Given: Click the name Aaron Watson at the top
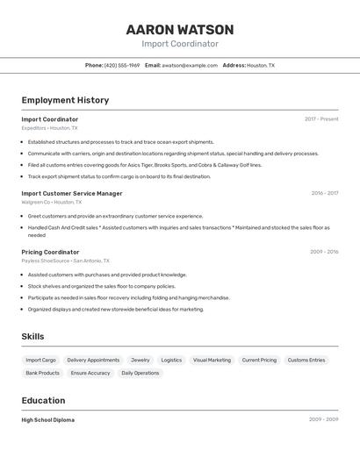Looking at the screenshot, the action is tap(180, 30).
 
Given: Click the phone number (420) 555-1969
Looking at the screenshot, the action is tap(122, 66).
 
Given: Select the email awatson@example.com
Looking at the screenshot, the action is tap(190, 66).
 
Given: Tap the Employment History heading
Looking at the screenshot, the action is tap(65, 100).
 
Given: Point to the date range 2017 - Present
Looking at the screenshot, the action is tap(321, 119).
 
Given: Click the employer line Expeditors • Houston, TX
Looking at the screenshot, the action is tap(49, 128).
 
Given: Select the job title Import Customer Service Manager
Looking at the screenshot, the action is tap(72, 193).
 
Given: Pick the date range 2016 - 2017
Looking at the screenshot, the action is tap(324, 193).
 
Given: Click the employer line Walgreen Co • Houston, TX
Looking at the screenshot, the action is tap(51, 202).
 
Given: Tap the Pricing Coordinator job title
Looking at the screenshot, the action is tap(50, 252).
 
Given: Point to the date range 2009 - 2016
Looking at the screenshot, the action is tap(324, 252).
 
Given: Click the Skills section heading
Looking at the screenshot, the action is tap(32, 336).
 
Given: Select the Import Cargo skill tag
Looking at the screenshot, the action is tap(40, 360).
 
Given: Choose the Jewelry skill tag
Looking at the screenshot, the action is tap(140, 360).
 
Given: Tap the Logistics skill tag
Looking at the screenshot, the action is tap(171, 360).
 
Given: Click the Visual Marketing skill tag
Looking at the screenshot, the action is tap(212, 360).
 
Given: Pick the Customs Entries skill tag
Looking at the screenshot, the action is tap(306, 360).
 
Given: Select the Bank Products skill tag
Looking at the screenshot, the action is tap(42, 373).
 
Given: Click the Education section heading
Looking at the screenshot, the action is tap(44, 400).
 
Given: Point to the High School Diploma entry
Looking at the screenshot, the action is tap(48, 420).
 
